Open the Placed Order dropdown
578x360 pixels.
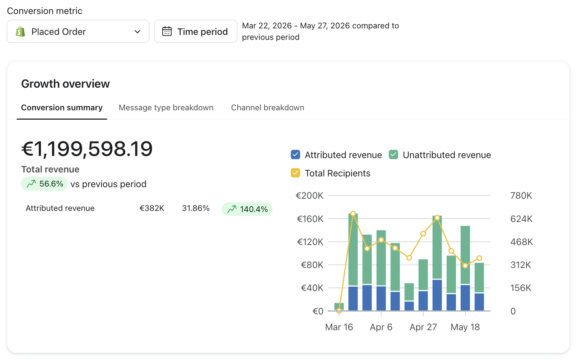78,31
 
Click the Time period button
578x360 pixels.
195,31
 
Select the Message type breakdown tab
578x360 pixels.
166,107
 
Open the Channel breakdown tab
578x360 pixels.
267,107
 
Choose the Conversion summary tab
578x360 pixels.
62,107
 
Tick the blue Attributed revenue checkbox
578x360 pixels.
295,155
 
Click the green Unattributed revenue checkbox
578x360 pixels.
393,155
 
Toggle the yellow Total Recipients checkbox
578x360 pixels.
295,173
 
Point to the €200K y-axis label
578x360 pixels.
309,195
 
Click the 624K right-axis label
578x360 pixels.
521,219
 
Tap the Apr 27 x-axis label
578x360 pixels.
423,327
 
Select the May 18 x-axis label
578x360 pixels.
465,327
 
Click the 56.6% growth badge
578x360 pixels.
44,184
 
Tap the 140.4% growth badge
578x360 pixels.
247,209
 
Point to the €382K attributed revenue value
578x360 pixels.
152,208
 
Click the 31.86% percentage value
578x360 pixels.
196,208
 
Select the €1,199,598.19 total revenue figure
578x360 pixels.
87,149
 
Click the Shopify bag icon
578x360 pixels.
20,32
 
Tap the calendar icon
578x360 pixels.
167,31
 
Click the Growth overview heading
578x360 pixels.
65,84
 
